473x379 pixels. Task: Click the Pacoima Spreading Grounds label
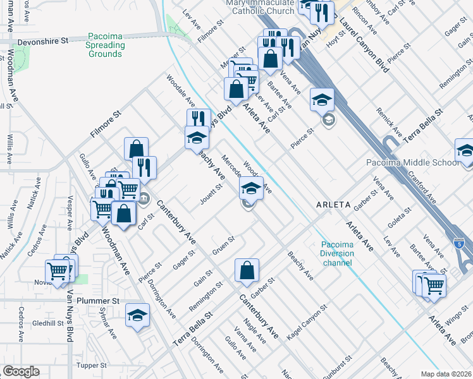[x=105, y=45]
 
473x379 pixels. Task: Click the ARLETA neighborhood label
[x=333, y=205]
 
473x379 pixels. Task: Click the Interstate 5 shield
[x=460, y=242]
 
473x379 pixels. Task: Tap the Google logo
[x=21, y=371]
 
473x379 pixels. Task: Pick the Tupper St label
[x=91, y=366]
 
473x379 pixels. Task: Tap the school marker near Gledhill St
[x=137, y=315]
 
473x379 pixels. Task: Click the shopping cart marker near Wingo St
[x=434, y=284]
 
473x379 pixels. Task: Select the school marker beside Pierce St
[x=322, y=99]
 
